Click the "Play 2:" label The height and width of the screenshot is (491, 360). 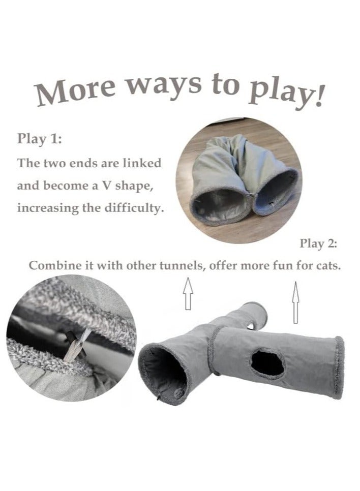[318, 243]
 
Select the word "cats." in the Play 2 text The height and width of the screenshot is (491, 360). [328, 266]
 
